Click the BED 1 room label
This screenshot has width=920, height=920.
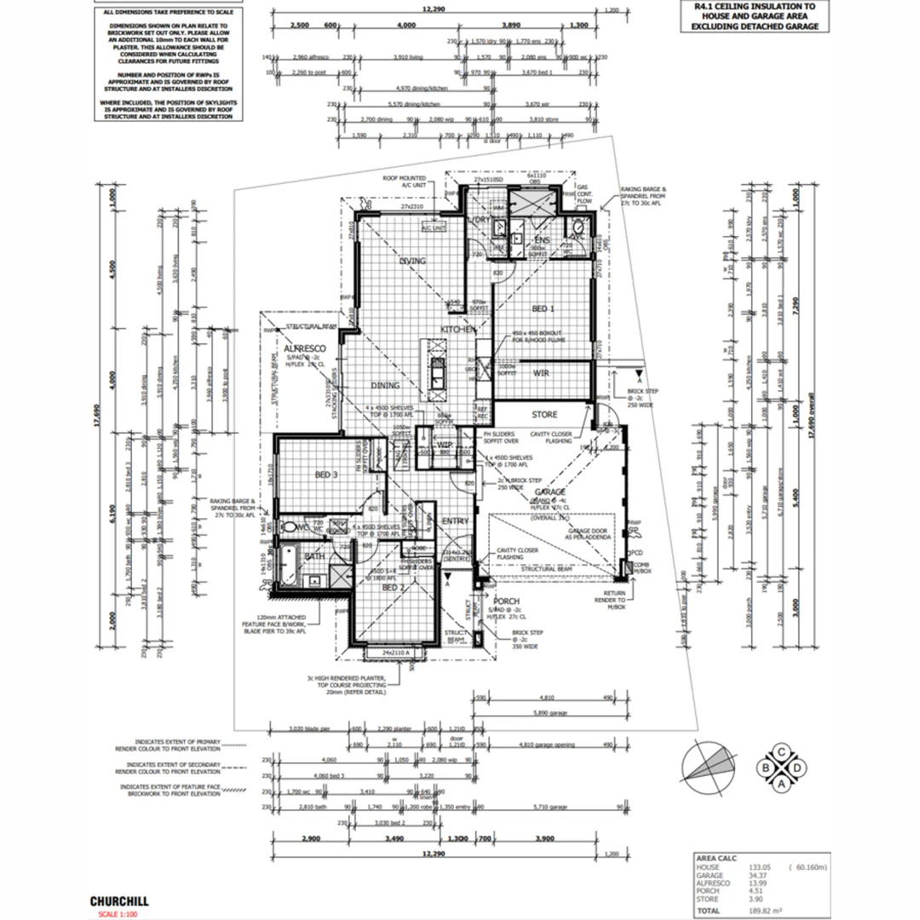coord(543,308)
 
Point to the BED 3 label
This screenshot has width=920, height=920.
coord(327,475)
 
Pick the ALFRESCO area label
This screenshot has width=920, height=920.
coord(306,349)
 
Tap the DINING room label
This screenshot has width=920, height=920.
coord(385,386)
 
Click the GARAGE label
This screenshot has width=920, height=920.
coord(551,492)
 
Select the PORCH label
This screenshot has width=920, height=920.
coord(506,602)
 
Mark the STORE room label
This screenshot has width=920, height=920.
coord(544,415)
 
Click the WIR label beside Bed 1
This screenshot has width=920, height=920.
coord(541,373)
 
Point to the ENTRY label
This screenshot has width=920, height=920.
coord(455,521)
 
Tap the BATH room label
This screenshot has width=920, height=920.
coord(315,557)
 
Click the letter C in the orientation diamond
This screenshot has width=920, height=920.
coord(782,751)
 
